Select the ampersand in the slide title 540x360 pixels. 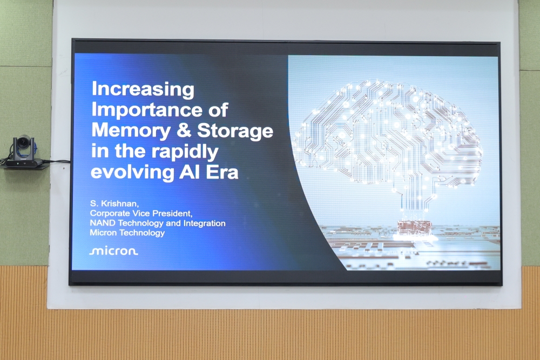184,131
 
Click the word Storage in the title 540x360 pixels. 235,132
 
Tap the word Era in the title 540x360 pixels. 222,172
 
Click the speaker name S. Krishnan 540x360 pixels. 114,203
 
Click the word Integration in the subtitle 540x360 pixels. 205,223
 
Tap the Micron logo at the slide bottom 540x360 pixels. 113,251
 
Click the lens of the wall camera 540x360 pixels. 23,142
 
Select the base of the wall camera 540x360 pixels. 23,163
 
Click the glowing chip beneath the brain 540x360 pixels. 414,228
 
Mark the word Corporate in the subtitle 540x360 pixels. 110,214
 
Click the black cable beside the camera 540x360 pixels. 57,161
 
